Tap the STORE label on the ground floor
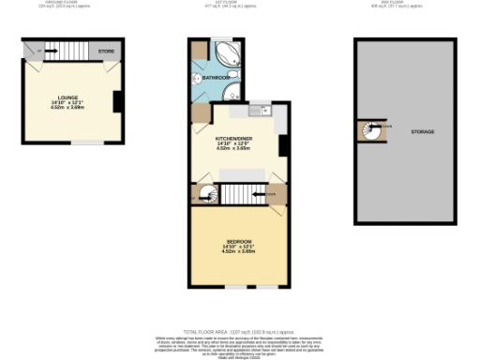(107, 51)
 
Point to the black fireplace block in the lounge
(117, 100)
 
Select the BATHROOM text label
(217, 77)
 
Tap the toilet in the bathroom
(197, 79)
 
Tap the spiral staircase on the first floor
(203, 194)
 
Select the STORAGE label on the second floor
(422, 131)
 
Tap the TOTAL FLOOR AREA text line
(240, 332)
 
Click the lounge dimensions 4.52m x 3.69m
(69, 109)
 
